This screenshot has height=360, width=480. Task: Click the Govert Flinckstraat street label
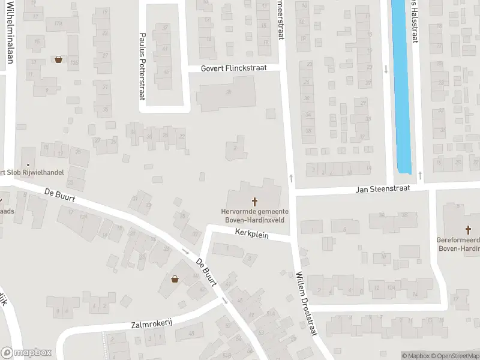[x=233, y=68]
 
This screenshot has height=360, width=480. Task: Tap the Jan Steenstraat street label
[x=382, y=188]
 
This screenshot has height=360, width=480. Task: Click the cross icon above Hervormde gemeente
[x=254, y=202]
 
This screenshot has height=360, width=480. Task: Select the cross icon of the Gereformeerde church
[x=469, y=229]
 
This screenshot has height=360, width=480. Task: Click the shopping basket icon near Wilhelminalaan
[x=58, y=59]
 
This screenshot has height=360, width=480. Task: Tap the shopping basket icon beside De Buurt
[x=175, y=278]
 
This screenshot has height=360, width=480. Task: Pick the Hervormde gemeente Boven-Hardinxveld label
[x=254, y=215]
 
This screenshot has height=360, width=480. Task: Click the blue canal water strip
[x=400, y=84]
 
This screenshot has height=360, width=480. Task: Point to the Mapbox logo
[x=25, y=353]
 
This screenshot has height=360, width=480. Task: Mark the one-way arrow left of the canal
[x=386, y=70]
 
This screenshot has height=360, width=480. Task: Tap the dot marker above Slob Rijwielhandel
[x=28, y=164]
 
